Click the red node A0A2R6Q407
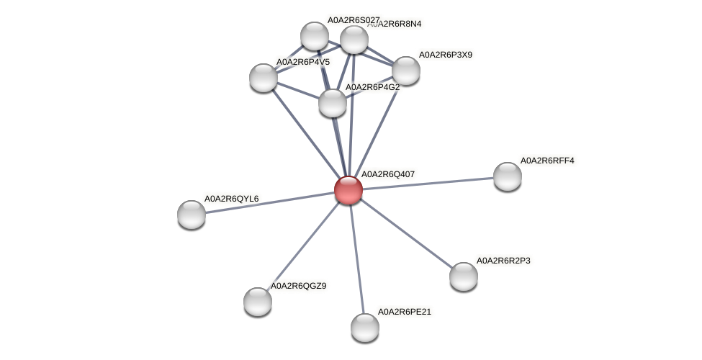coord(348,190)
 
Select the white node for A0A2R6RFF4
coord(507,176)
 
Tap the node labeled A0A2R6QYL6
coord(192,214)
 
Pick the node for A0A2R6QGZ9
coord(258,301)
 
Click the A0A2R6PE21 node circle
coord(365,327)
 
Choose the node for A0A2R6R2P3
coord(464,276)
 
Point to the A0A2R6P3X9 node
coord(406,70)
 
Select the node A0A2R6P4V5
coord(264,77)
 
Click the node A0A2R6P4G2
coord(333,102)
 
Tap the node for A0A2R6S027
coord(315,35)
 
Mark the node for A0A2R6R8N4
coord(354,40)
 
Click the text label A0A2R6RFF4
coord(547,161)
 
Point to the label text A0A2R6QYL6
coord(231,199)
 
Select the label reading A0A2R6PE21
coord(405,312)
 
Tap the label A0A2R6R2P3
coord(503,261)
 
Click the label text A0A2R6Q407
coord(387,174)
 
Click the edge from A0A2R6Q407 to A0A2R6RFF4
coord(428,184)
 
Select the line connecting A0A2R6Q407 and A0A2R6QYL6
coord(270,202)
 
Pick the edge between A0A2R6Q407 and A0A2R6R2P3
coord(406,233)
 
